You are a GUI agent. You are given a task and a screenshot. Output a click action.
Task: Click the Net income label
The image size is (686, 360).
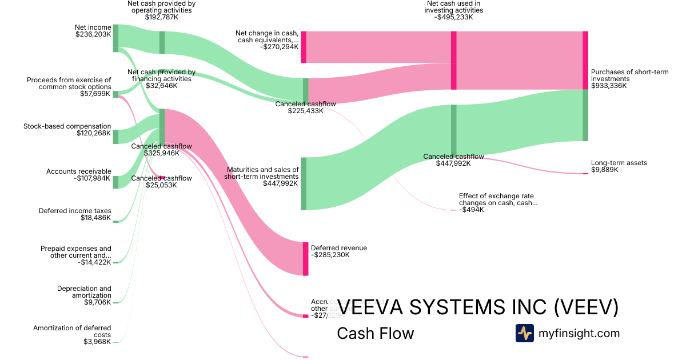click(93, 27)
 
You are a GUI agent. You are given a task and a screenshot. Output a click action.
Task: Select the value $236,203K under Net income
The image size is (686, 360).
click(93, 34)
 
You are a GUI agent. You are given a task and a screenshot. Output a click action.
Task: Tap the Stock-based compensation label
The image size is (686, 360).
click(67, 126)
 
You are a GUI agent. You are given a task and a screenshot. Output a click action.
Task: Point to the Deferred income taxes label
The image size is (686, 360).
click(75, 211)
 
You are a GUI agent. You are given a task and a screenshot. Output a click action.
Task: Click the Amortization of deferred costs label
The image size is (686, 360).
click(72, 331)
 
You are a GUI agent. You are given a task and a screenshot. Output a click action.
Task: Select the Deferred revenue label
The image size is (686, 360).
click(339, 248)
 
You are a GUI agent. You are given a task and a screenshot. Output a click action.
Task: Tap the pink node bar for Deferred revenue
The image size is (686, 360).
click(305, 259)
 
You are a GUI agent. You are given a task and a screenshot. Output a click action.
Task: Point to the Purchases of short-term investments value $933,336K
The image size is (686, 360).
click(609, 86)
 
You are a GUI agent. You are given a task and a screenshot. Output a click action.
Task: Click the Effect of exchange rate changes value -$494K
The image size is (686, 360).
click(472, 210)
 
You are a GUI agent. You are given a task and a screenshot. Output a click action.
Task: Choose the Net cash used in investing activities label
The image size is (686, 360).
click(454, 6)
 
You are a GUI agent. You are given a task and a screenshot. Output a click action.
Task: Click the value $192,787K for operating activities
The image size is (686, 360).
click(162, 17)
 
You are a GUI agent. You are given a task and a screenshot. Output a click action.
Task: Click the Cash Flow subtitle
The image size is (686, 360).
click(375, 333)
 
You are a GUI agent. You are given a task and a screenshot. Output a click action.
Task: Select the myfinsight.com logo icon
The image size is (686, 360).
click(524, 333)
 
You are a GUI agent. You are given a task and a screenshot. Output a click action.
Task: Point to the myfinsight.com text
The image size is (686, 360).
click(579, 333)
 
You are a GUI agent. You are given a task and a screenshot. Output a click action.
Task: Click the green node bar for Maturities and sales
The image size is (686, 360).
click(304, 183)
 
